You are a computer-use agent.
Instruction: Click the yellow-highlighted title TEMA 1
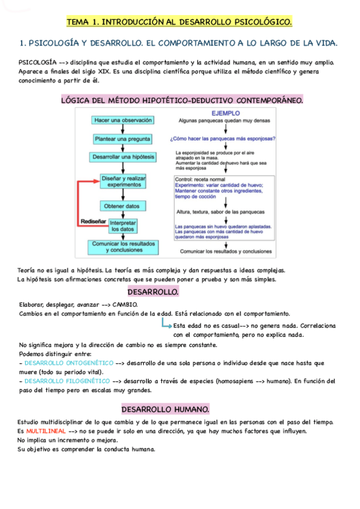pyautogui.click(x=179, y=22)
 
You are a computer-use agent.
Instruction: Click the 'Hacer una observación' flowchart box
pyautogui.click(x=123, y=120)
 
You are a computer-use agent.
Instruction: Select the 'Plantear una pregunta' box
pyautogui.click(x=123, y=139)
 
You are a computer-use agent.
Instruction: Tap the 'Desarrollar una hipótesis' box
pyautogui.click(x=124, y=157)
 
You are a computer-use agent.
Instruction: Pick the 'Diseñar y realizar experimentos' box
pyautogui.click(x=124, y=181)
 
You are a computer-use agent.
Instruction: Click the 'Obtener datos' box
pyautogui.click(x=123, y=206)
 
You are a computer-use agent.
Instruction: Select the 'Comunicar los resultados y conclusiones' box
pyautogui.click(x=123, y=247)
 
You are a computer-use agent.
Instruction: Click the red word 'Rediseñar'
pyautogui.click(x=93, y=221)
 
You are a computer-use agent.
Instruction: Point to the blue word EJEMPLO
pyautogui.click(x=226, y=112)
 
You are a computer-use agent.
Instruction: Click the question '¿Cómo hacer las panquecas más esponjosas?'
pyautogui.click(x=223, y=139)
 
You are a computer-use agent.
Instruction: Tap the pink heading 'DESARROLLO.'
pyautogui.click(x=153, y=292)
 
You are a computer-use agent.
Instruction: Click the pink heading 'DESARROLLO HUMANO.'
pyautogui.click(x=166, y=409)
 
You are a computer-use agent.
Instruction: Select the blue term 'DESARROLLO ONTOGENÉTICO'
pyautogui.click(x=65, y=363)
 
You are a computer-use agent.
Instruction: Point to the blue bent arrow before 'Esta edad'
pyautogui.click(x=166, y=324)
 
